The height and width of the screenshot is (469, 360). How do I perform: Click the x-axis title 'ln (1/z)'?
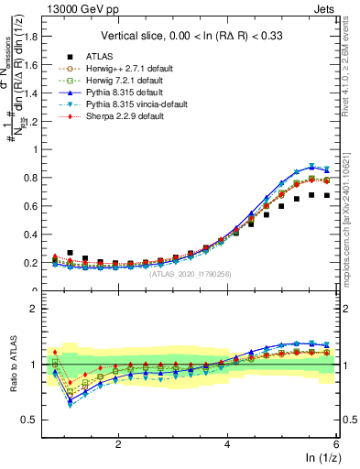(322, 458)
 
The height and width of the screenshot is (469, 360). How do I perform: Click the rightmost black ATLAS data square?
(327, 195)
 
